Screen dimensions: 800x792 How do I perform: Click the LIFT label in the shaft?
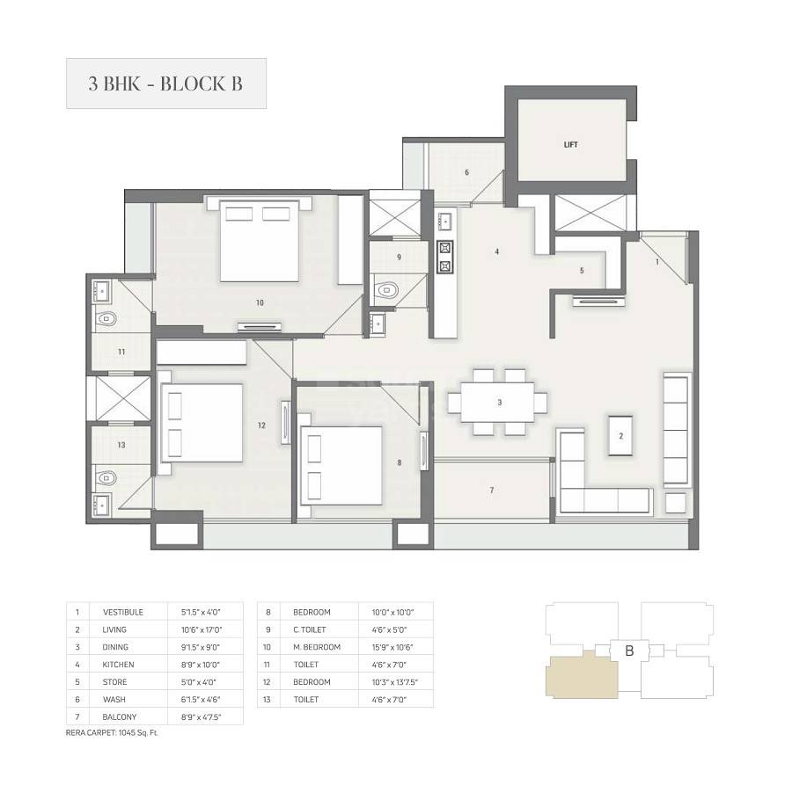(x=570, y=144)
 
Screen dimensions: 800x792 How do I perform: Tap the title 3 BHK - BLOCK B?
(x=165, y=84)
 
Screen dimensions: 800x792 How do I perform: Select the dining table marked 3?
(x=497, y=403)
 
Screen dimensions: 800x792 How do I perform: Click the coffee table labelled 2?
(x=620, y=435)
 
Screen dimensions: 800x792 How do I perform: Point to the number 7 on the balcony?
(x=492, y=490)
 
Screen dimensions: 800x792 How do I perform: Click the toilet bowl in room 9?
(x=386, y=288)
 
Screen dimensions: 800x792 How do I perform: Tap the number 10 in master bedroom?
(x=260, y=302)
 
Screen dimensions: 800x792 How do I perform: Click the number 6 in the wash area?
(x=466, y=172)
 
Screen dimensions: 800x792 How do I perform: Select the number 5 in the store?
(x=582, y=271)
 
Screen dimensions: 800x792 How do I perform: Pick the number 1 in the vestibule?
(x=656, y=262)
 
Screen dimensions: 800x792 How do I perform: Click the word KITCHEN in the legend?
(x=119, y=665)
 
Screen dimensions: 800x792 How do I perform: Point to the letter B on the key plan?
(x=629, y=651)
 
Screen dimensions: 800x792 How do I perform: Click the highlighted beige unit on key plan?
(x=581, y=677)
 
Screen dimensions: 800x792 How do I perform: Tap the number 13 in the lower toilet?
(x=121, y=445)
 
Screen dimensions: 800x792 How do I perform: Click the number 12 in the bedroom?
(x=261, y=425)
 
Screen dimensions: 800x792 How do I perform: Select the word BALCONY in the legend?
(x=118, y=717)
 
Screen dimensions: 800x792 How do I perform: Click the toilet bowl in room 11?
(x=106, y=319)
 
